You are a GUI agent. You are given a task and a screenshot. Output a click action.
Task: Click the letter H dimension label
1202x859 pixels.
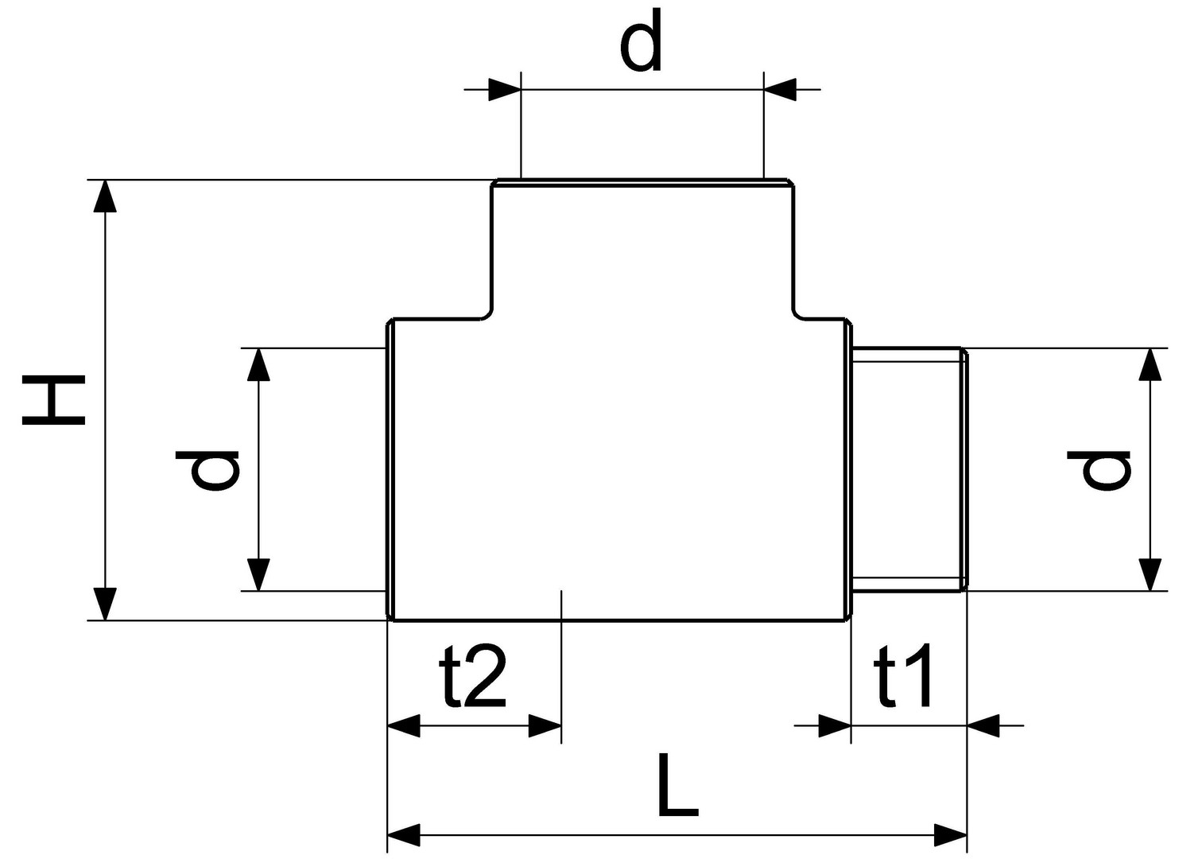coord(54,400)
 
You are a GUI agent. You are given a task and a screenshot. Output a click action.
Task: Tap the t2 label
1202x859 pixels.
coord(473,674)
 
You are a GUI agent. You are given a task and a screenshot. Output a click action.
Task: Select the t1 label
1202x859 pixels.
coord(903,674)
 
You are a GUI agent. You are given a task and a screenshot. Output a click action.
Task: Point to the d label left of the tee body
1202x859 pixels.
coord(207,470)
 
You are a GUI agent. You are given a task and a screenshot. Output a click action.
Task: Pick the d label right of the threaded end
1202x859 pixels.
coord(1099,470)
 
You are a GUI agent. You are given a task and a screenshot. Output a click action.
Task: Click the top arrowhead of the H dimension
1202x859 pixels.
coord(105,196)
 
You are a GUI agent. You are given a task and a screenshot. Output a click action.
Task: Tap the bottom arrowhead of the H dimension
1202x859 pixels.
coord(105,604)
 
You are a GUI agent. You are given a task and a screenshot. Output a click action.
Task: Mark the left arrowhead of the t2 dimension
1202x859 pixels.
coord(404,726)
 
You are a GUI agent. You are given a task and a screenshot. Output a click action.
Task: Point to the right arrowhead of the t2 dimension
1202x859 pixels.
coord(545,726)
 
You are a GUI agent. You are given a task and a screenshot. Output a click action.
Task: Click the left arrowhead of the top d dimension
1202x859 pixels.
coord(504,90)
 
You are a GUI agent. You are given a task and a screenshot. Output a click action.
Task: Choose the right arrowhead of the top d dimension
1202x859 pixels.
coord(780,90)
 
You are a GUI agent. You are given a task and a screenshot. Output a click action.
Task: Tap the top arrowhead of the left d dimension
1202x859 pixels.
coord(258,364)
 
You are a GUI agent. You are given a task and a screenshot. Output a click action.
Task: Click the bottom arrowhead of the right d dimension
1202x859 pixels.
coord(1150,575)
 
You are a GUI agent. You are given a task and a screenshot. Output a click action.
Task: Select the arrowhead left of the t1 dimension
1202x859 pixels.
coord(835,726)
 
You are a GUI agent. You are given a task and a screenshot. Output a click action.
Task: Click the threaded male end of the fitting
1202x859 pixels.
coord(910,470)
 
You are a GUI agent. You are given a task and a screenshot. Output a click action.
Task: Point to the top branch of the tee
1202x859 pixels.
coord(643,250)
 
